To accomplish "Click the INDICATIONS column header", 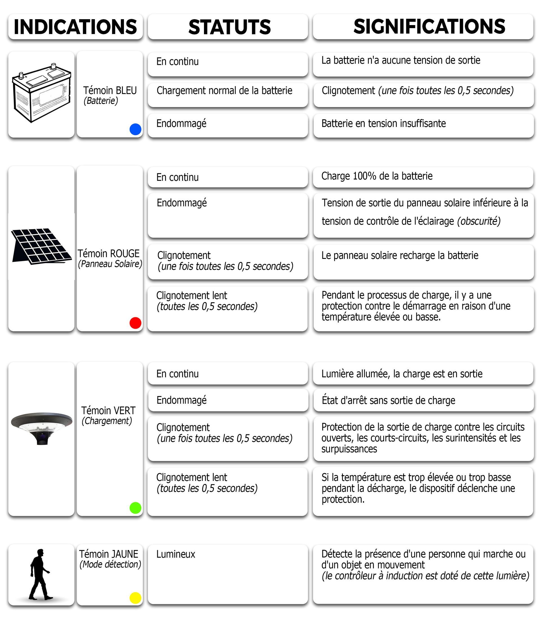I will coord(75,26).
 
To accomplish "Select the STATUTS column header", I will coord(229,26).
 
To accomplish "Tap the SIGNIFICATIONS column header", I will coord(429,26).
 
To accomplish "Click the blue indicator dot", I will coord(135,129).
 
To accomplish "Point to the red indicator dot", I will coord(135,323).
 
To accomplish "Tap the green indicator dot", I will coord(135,508).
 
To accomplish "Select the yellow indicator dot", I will coord(135,598).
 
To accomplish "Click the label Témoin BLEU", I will coord(110,90).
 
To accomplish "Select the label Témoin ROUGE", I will coord(109,254).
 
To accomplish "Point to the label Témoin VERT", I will coord(108,410).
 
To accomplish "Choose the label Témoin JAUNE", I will coord(109,554).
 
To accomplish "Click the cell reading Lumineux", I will coord(176,554).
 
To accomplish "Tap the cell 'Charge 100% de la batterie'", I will coord(377,176).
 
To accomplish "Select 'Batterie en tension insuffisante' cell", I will coord(383,123).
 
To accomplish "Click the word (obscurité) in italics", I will coord(479,221).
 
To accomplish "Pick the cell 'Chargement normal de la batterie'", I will coord(224,90).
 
